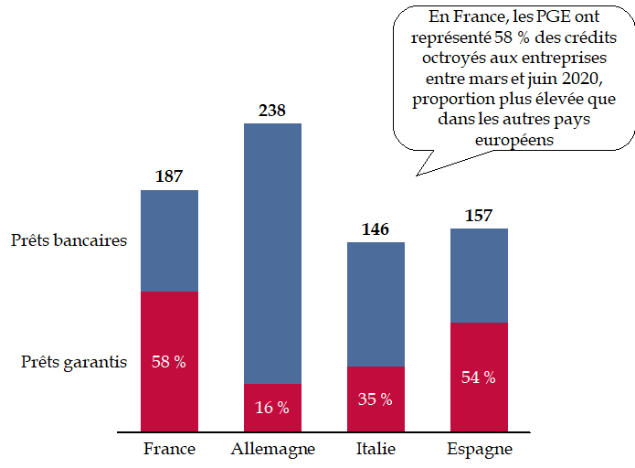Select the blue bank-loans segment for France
click(169, 240)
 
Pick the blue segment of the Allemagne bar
click(272, 253)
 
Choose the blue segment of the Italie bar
click(376, 304)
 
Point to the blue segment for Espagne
click(479, 275)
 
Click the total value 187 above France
click(169, 176)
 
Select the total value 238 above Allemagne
click(272, 111)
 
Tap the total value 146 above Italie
click(376, 229)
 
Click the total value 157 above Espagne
click(479, 216)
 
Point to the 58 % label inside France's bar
click(169, 362)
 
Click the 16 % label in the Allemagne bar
click(272, 408)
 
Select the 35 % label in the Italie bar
click(376, 399)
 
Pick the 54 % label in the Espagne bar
click(479, 378)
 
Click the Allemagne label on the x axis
click(272, 449)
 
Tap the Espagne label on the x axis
click(479, 449)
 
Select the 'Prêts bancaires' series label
click(69, 240)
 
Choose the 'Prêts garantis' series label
click(74, 361)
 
